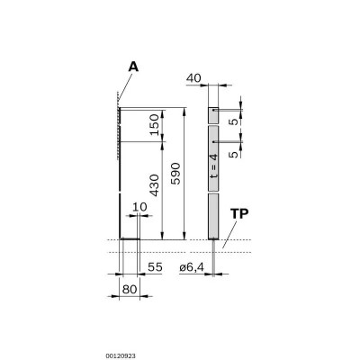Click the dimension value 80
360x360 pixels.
click(130, 290)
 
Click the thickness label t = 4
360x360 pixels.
click(212, 169)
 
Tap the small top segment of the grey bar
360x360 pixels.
click(212, 115)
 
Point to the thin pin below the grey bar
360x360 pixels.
click(212, 256)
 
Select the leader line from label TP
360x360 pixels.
click(231, 232)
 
